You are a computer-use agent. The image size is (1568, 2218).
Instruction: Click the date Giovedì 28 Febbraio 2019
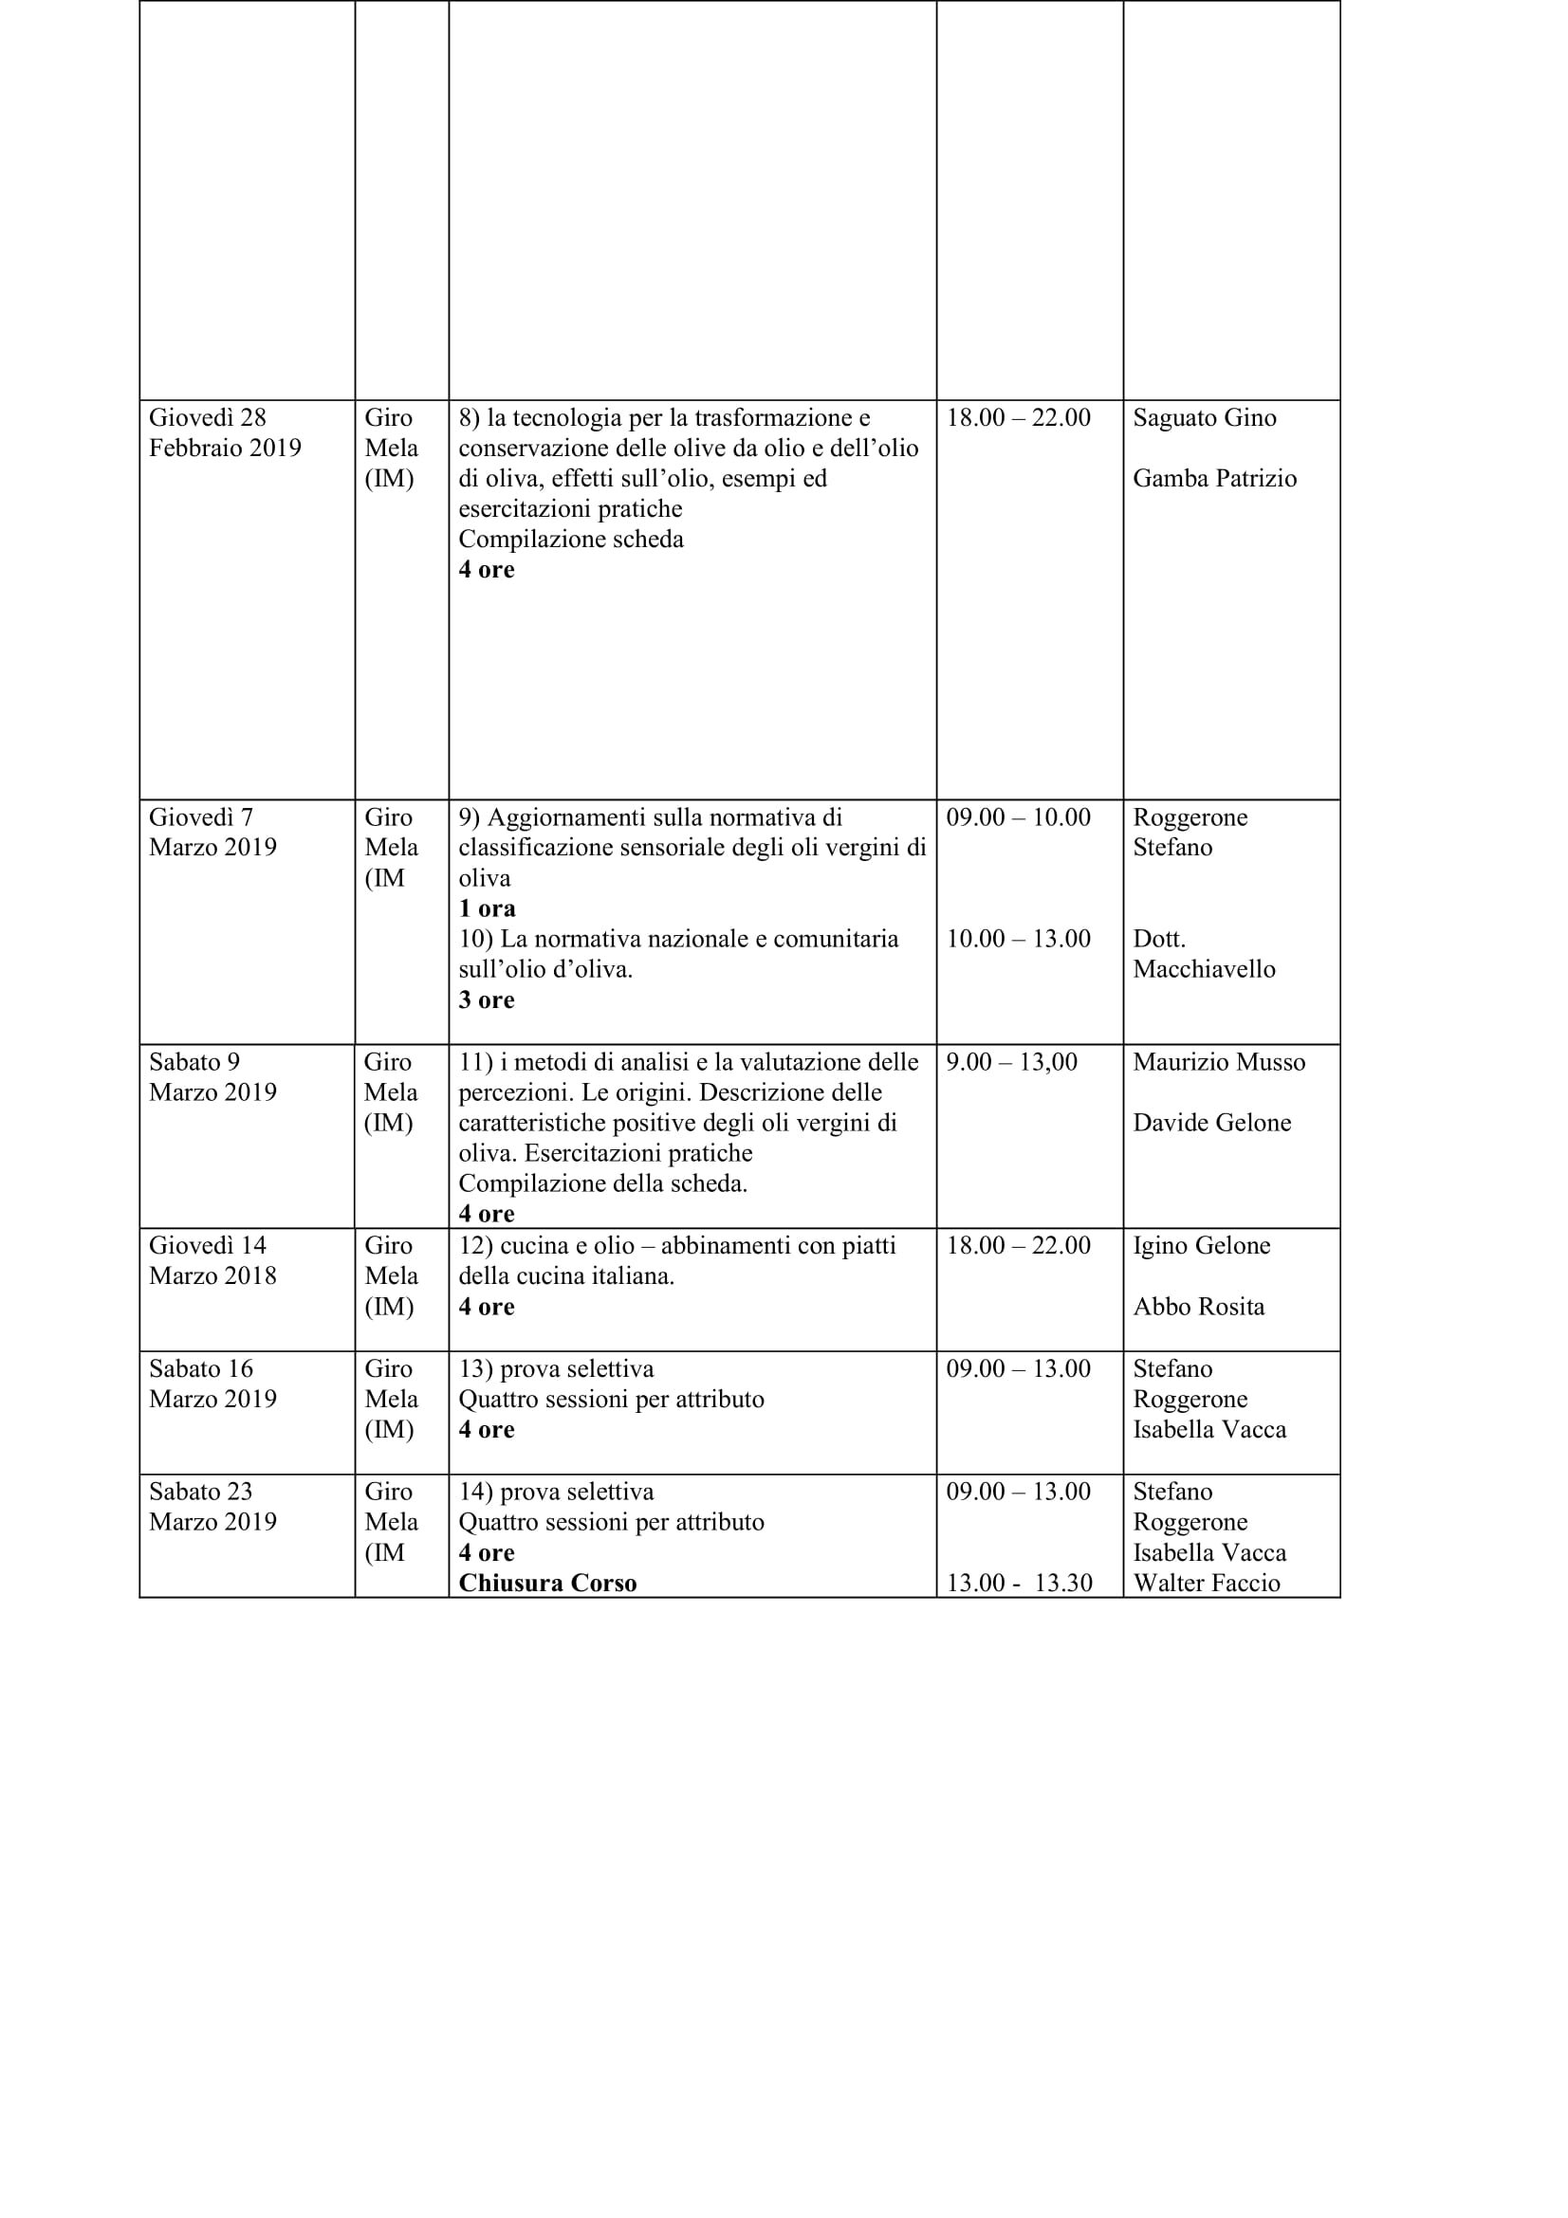pos(224,432)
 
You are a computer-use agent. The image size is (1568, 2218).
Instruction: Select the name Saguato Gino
pos(1204,418)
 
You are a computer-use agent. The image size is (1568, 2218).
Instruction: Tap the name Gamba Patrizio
pos(1213,479)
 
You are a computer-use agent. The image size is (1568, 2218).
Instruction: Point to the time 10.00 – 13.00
pos(1017,939)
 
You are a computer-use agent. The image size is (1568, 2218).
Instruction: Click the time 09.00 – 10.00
pos(1017,817)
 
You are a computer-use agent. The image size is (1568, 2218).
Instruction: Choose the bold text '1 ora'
pos(487,909)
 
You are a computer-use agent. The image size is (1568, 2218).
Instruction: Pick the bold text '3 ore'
pos(486,999)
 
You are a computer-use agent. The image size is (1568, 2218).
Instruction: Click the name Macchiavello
pos(1203,969)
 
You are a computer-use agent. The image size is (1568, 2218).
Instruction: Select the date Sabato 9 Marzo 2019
pos(212,1077)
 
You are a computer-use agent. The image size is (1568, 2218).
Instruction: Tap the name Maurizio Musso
pos(1218,1063)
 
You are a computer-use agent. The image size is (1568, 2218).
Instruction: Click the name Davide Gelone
pos(1211,1123)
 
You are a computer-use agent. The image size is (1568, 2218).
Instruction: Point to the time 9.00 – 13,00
pos(1010,1063)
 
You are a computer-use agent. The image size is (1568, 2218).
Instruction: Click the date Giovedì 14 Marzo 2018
pos(212,1260)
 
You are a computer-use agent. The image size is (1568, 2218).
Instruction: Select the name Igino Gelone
pos(1201,1246)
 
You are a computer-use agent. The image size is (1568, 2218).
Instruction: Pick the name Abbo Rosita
pos(1198,1307)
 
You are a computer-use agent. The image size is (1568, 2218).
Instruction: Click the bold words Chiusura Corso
pos(546,1584)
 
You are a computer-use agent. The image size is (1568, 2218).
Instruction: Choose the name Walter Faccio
pos(1206,1584)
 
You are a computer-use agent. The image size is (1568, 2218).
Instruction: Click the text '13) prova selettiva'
pos(556,1369)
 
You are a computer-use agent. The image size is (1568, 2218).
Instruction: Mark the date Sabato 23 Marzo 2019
pos(212,1507)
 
